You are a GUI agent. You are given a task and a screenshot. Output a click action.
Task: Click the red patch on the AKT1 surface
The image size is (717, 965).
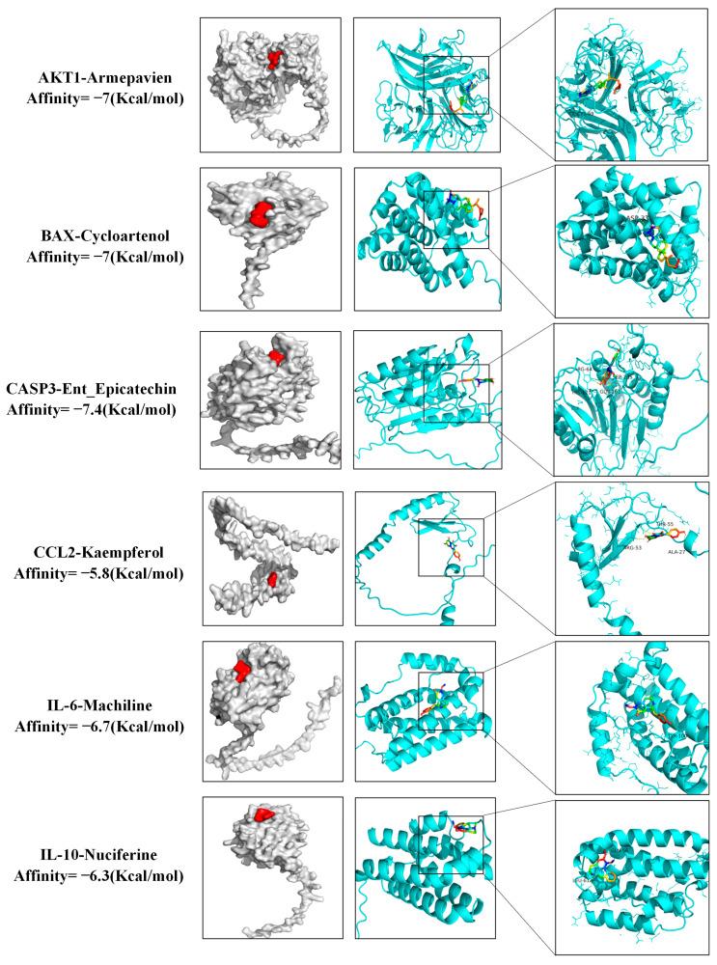coord(277,60)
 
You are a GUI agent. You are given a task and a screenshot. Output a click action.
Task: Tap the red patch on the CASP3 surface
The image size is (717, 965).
coord(278,357)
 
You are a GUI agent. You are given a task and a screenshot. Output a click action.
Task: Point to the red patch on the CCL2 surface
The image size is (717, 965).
coord(273,579)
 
